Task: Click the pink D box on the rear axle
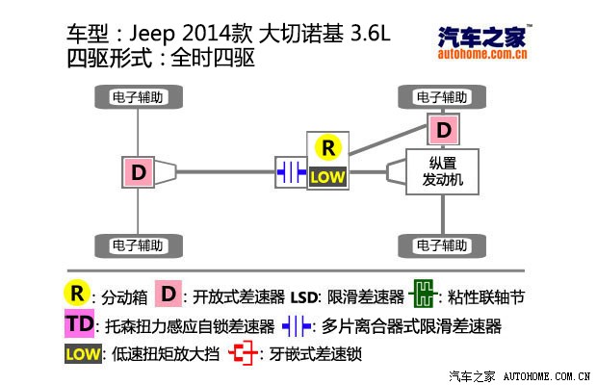(139, 172)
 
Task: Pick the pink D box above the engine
(442, 130)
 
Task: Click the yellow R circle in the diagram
(328, 148)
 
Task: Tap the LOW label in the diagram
(327, 177)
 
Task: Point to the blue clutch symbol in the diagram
(290, 172)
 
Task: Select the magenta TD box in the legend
(81, 324)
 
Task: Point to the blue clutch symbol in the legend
(296, 325)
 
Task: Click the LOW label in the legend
(83, 355)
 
